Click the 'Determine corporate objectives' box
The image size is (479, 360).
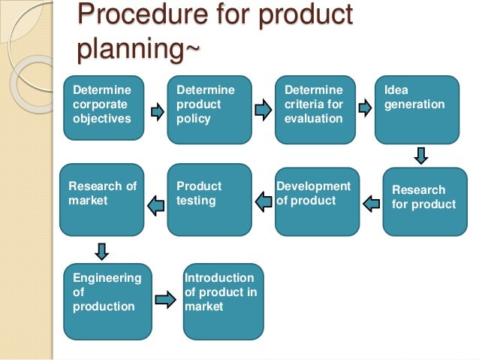[x=103, y=108]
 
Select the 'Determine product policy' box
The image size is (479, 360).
[x=207, y=108]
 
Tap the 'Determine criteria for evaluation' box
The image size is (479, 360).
[x=314, y=109]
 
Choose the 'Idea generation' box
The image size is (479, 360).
[x=417, y=109]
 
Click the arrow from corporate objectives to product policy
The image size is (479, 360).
[x=157, y=112]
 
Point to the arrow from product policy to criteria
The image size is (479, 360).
[x=263, y=111]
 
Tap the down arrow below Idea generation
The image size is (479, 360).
[x=420, y=156]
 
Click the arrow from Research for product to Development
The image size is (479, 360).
[x=372, y=202]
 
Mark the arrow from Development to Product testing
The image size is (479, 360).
[x=264, y=200]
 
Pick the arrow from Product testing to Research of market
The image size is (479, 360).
[x=155, y=202]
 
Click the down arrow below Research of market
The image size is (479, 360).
[x=103, y=250]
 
